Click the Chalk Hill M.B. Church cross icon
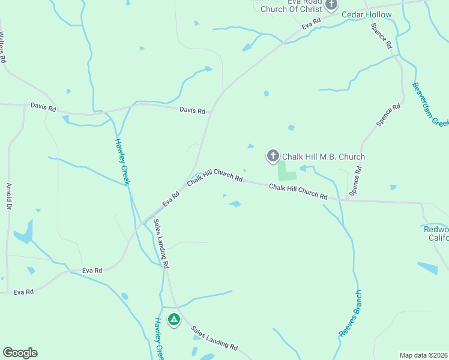coord(273,157)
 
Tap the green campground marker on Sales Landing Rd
coord(174,320)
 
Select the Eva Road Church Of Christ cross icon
coord(331,5)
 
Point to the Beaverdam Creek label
coord(430,103)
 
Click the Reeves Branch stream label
coord(351,314)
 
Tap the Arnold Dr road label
coord(8,196)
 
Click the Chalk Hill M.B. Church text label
coord(324,157)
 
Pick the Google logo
coord(20,353)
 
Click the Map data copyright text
coord(424,355)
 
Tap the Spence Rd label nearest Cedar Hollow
coord(381,36)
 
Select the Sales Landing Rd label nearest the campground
coord(214,338)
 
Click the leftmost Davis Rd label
coord(43,108)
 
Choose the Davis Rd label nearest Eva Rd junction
coord(192,110)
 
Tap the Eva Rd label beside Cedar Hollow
coord(312,23)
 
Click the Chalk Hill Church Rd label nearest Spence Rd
coord(298,192)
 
